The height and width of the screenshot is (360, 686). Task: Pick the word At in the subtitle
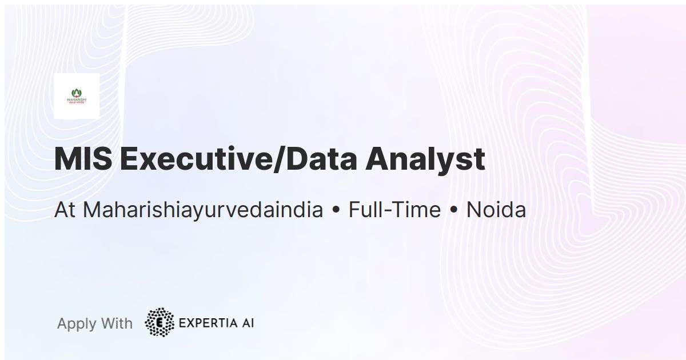click(65, 210)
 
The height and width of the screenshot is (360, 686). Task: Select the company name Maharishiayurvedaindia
click(203, 210)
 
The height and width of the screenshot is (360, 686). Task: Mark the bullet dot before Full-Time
click(336, 211)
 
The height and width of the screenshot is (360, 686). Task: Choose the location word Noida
click(496, 210)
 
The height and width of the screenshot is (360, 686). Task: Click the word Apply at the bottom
click(76, 324)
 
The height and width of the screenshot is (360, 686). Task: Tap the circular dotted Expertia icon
click(159, 322)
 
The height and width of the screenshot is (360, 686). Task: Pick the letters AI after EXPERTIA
click(247, 323)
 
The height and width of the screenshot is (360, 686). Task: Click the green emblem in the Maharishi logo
click(76, 92)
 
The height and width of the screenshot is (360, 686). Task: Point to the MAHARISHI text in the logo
click(76, 99)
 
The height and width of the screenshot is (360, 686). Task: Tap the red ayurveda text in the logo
click(76, 103)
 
